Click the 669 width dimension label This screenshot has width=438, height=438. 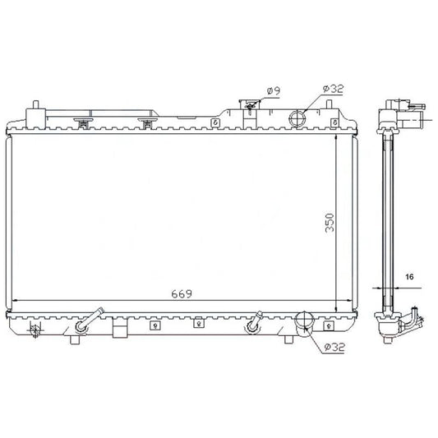(182, 294)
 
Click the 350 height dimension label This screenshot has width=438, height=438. (330, 223)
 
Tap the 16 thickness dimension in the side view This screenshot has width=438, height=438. (409, 277)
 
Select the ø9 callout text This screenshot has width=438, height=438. (274, 90)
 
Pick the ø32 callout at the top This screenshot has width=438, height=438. (333, 89)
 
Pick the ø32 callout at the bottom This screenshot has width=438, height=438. (334, 348)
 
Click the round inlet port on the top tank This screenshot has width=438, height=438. (297, 118)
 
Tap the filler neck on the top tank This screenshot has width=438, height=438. (250, 105)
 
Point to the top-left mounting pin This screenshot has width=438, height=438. (35, 104)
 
